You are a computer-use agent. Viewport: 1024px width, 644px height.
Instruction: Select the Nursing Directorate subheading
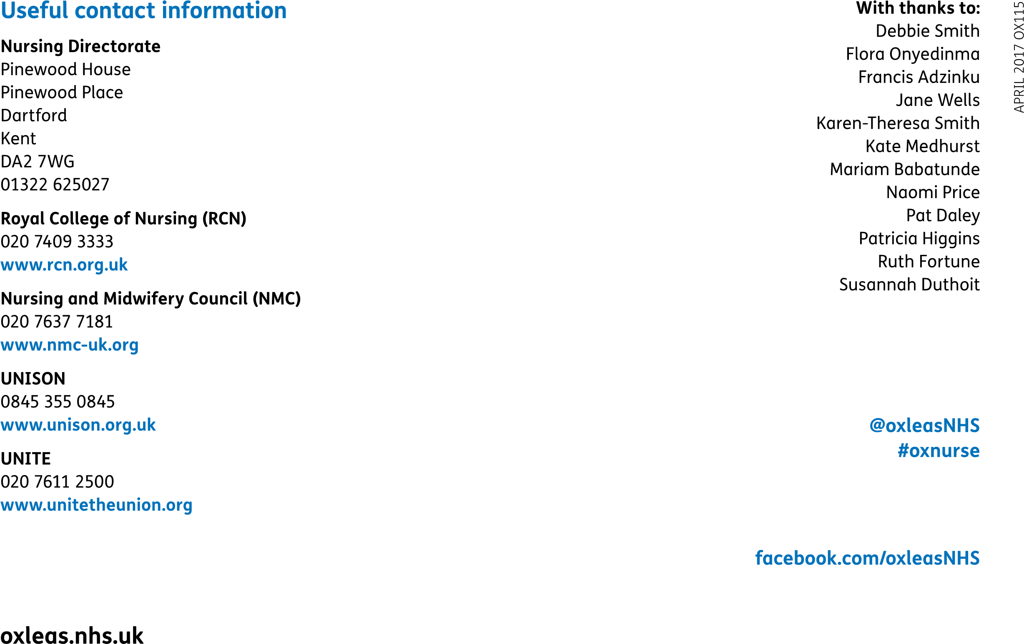[81, 47]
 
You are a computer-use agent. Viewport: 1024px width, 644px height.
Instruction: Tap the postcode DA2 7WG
[38, 162]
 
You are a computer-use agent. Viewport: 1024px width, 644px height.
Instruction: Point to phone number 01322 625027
[55, 185]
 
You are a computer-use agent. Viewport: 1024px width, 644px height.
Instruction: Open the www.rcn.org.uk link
[64, 265]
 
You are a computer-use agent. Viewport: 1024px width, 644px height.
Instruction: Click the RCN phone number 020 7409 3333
[57, 241]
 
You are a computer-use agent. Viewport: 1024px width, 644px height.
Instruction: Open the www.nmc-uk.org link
[70, 345]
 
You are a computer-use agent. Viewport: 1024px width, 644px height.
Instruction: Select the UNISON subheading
[33, 379]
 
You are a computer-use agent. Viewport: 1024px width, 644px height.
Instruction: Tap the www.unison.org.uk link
[78, 425]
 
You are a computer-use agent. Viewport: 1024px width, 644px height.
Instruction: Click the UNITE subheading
[26, 458]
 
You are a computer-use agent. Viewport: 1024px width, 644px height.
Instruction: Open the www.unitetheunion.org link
[97, 505]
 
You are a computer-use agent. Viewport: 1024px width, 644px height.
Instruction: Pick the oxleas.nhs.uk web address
[72, 636]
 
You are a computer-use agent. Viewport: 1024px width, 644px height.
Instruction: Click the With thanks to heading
[918, 8]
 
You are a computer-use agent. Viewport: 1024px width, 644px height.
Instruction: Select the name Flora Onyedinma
[913, 54]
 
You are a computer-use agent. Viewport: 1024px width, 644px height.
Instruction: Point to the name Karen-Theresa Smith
[898, 123]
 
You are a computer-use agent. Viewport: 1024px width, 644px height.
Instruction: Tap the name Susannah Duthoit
[910, 284]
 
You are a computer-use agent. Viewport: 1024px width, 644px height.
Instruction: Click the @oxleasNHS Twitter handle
[925, 425]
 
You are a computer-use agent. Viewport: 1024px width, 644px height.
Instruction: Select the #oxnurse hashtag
[939, 450]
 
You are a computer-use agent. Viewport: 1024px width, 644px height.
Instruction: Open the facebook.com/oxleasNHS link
[868, 558]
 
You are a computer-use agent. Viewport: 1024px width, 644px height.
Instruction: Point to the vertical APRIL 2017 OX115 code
[1019, 57]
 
